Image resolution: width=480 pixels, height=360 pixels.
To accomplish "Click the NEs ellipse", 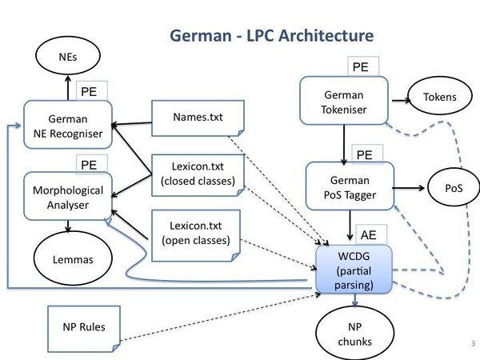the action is (x=68, y=56).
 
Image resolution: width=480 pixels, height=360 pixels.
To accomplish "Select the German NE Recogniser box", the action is (x=68, y=125).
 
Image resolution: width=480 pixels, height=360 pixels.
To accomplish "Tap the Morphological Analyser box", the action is (x=68, y=196).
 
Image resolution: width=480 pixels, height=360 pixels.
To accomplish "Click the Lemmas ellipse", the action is (x=73, y=258).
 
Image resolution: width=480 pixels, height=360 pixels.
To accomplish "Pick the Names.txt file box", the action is (x=198, y=118).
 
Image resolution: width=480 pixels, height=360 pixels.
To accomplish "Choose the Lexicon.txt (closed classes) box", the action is (x=198, y=175).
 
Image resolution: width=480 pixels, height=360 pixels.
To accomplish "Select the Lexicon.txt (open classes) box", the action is (x=196, y=235).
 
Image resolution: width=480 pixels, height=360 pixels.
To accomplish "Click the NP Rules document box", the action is (x=84, y=329).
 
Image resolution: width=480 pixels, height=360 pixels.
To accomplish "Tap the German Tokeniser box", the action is (x=344, y=101).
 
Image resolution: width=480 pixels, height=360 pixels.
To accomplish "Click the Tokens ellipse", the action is (x=440, y=96).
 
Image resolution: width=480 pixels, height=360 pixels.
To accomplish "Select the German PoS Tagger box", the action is (x=350, y=186).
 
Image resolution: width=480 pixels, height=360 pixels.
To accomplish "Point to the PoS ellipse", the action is (x=454, y=187).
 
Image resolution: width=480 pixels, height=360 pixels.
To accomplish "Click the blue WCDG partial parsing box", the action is (x=354, y=270).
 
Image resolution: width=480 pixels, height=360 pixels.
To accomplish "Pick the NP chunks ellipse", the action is (x=354, y=333).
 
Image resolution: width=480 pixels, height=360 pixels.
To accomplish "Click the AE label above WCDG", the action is (x=371, y=234).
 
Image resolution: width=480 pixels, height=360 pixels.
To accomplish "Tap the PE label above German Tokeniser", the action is (x=363, y=66).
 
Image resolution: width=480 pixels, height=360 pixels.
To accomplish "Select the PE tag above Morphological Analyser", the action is (x=92, y=164).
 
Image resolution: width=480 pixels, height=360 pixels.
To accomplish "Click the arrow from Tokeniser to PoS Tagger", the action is (x=344, y=145).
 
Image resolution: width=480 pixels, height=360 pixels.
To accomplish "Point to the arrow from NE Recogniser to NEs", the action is (x=68, y=88).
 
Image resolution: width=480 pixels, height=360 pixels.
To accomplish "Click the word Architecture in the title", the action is (x=326, y=35).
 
